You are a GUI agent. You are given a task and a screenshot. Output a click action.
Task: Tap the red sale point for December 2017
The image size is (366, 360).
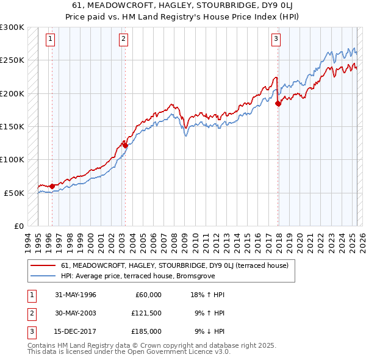coord(278,104)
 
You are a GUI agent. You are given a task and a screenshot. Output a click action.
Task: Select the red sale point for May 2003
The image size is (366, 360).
coord(125,145)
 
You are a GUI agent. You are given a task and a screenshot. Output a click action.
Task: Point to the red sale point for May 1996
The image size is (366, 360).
coord(52,186)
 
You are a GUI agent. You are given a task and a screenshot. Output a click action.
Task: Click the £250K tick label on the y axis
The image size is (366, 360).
coord(12,60)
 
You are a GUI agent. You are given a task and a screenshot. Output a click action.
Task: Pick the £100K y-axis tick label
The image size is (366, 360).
coord(12,159)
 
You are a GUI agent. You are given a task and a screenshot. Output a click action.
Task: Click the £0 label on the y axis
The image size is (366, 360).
coord(18,226)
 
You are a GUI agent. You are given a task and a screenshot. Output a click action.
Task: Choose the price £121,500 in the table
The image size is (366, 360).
coord(146,313)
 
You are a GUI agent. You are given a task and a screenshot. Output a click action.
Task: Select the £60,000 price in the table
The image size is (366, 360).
coord(148,295)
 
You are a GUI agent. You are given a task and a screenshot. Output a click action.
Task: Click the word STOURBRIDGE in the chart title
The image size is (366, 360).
coord(182,7)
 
